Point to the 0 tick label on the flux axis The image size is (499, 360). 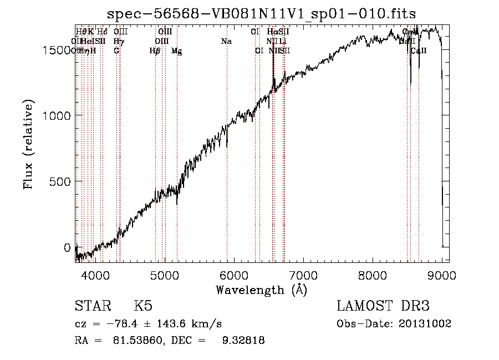point(67,247)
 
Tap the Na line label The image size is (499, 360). point(226,41)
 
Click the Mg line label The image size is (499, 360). point(176,51)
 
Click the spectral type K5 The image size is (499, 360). point(143,306)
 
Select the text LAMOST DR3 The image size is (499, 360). point(383,306)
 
